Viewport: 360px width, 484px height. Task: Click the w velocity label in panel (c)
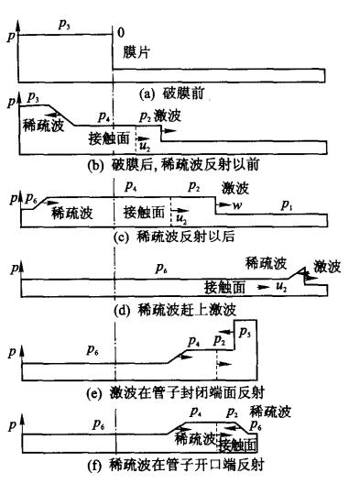click(x=237, y=207)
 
